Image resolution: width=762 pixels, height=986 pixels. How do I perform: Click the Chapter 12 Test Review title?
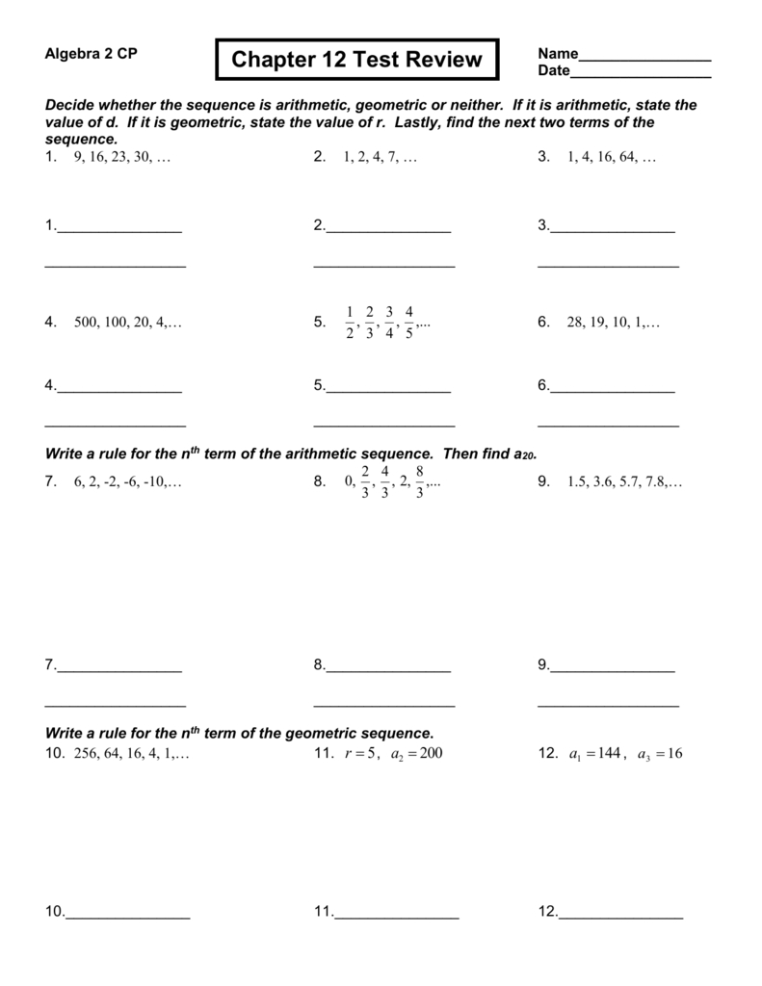(x=355, y=60)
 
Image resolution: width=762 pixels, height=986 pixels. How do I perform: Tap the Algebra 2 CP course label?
(x=92, y=54)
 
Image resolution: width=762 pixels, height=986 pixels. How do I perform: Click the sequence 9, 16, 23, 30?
(x=121, y=158)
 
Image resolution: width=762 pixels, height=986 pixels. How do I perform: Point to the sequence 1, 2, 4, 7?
(x=380, y=158)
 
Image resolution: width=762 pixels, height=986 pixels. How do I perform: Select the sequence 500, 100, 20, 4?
(x=127, y=324)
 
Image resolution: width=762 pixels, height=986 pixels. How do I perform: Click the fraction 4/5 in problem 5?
(x=409, y=323)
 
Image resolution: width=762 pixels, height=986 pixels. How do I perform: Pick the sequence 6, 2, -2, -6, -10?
(x=127, y=482)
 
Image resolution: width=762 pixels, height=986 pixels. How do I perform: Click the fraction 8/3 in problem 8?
(x=420, y=481)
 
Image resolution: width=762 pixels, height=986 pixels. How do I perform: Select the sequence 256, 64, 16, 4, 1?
(x=131, y=753)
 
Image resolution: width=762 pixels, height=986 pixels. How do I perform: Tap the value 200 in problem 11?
(x=431, y=753)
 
